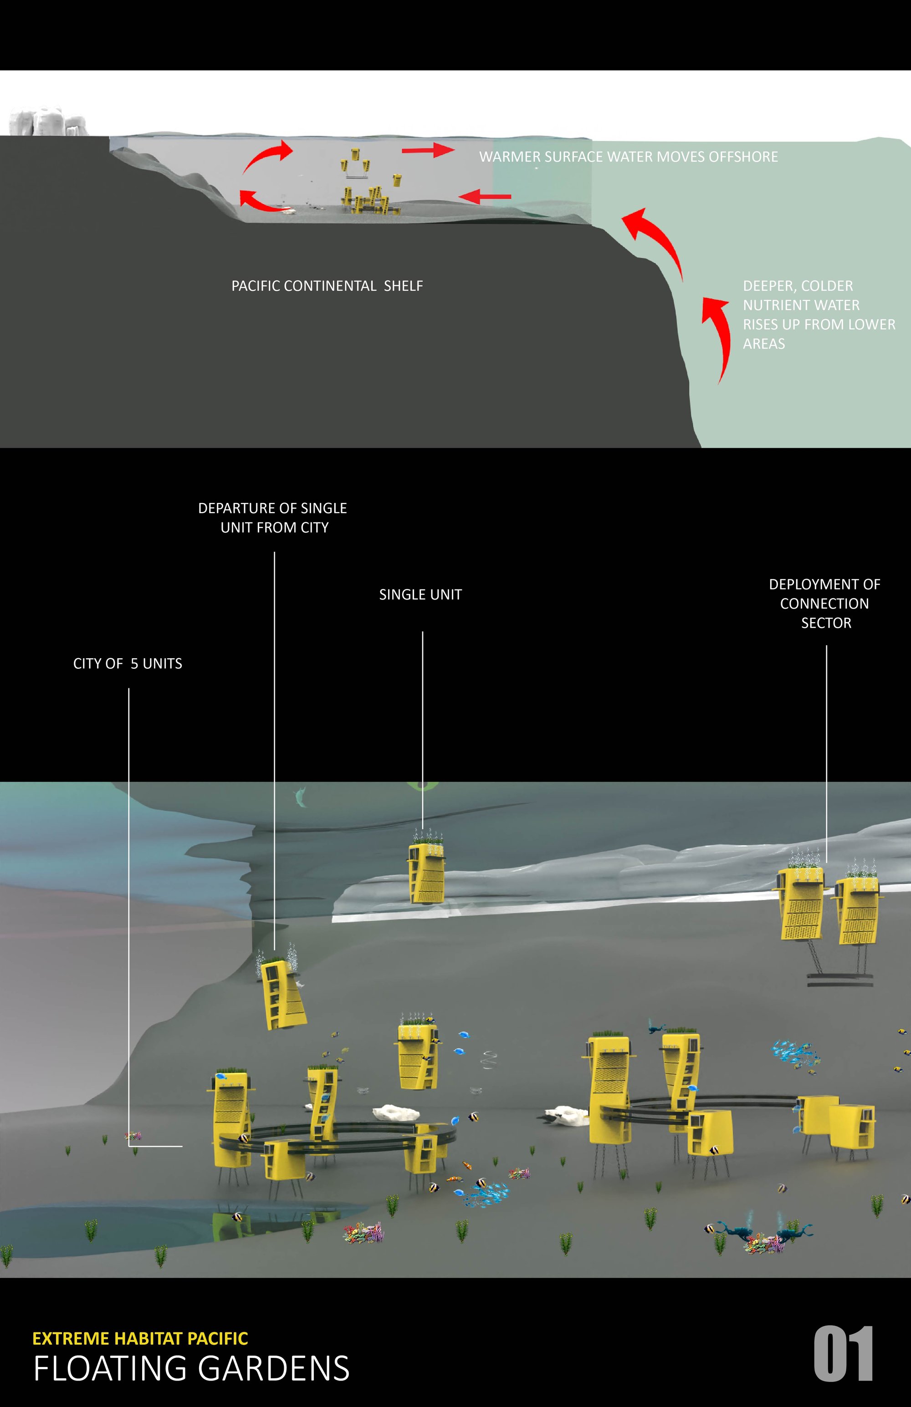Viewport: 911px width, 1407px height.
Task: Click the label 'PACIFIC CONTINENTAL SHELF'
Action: (327, 286)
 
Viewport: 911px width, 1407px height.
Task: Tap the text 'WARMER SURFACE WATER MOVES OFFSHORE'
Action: (628, 157)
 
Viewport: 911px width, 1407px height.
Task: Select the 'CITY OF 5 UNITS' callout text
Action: (128, 663)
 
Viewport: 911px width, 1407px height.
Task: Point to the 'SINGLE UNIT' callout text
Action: (420, 595)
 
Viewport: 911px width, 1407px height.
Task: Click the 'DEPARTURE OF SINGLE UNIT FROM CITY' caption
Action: (273, 518)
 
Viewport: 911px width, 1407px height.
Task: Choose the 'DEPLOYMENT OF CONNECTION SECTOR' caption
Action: (825, 604)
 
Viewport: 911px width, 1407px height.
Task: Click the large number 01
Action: (844, 1354)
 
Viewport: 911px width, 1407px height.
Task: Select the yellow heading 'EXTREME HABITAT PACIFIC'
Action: (140, 1338)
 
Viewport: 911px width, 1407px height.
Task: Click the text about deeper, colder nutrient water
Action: (819, 315)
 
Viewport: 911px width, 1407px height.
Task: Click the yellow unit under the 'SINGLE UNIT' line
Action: (426, 868)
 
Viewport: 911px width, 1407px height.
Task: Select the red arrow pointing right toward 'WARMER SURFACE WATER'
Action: (428, 150)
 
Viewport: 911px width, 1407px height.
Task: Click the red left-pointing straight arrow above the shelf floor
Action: (485, 196)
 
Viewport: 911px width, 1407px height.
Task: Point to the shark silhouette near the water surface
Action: (302, 797)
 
